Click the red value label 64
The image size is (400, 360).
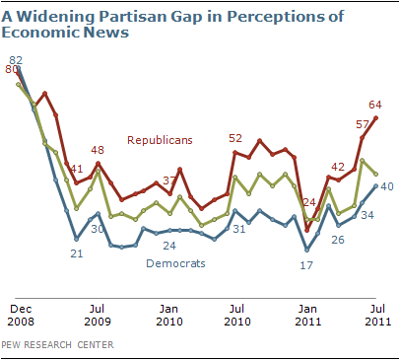tap(375, 105)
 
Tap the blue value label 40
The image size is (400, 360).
tap(387, 186)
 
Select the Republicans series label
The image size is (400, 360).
tap(160, 140)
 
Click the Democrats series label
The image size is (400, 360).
tap(175, 263)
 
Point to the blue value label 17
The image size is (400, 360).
tap(306, 265)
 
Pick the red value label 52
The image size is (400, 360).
tap(235, 138)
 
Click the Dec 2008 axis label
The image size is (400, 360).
tap(21, 315)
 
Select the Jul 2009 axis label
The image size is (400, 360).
tap(98, 315)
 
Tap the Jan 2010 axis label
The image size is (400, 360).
tap(169, 315)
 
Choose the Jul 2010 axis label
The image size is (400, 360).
tap(237, 315)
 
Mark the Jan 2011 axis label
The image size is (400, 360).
tap(308, 315)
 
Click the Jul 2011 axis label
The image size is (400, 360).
tap(378, 315)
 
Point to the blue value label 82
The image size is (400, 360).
tap(16, 60)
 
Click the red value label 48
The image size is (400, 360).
tap(98, 150)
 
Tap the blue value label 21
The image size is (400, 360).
tap(77, 253)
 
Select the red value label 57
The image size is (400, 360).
tap(363, 124)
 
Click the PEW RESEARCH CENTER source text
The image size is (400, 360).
tap(57, 344)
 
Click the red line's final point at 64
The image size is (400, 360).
tap(376, 117)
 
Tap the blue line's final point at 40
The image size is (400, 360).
tap(376, 185)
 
